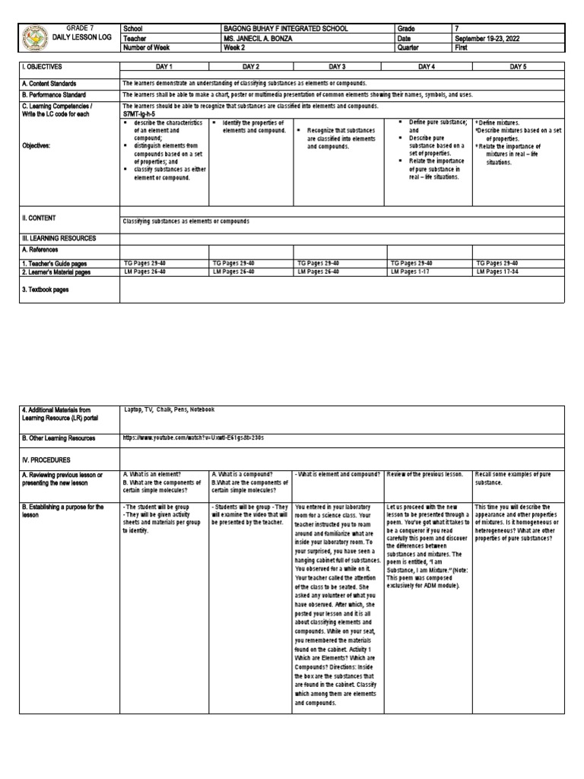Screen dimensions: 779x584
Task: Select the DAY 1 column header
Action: coord(164,67)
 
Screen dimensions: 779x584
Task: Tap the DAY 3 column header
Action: coord(337,67)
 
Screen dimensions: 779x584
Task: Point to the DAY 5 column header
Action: coord(518,67)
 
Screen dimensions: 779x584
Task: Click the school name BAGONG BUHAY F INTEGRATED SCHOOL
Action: coord(285,28)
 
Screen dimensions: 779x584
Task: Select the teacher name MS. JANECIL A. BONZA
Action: coord(262,38)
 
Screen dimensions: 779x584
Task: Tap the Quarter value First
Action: coord(462,47)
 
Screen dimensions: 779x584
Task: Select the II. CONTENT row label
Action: coord(42,218)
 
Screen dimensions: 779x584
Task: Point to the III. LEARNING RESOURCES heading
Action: coord(59,238)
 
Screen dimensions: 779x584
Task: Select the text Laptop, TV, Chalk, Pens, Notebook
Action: coord(169,409)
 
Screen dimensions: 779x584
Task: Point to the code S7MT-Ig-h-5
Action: coord(145,114)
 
